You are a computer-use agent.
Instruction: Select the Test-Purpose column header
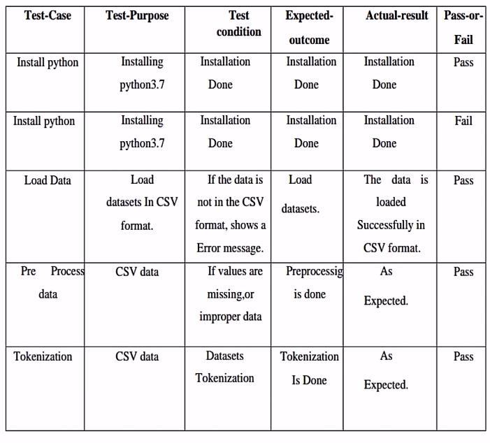coord(137,15)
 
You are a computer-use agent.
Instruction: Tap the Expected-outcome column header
coord(308,27)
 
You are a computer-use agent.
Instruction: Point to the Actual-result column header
coord(396,15)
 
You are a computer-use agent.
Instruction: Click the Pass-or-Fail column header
coord(463,27)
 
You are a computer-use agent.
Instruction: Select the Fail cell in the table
coord(463,121)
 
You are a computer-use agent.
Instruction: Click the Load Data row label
coord(48,180)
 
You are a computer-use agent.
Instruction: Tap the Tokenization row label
coord(43,356)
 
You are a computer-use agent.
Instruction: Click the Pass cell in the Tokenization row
coord(463,356)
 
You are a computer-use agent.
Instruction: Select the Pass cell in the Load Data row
coord(463,180)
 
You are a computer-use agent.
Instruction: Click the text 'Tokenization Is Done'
coord(310,368)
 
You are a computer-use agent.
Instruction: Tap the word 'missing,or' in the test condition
coord(231,294)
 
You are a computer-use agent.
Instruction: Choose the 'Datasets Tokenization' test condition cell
coord(225,368)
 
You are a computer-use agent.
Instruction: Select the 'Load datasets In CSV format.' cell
coord(142,203)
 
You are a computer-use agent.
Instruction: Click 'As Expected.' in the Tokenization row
coord(386,371)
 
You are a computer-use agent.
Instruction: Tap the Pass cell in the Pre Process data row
coord(463,272)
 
